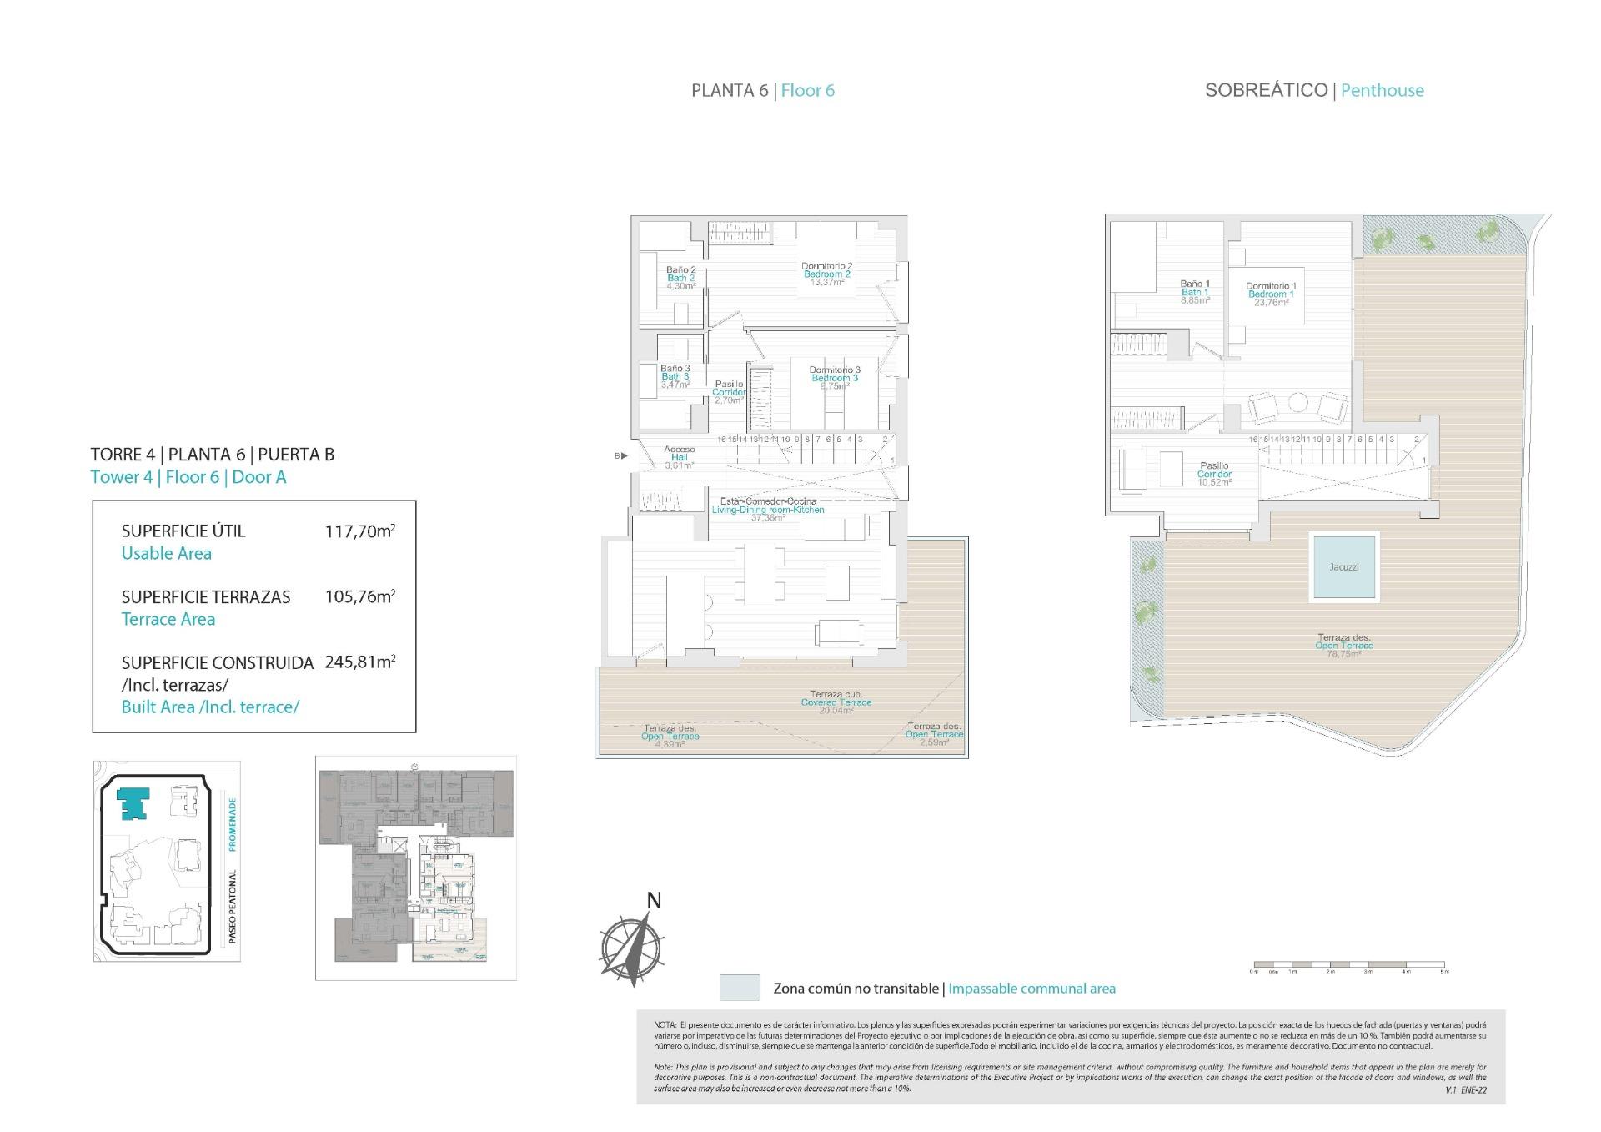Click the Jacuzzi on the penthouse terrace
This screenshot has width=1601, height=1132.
pos(1343,566)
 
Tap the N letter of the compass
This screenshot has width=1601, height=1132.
pos(655,900)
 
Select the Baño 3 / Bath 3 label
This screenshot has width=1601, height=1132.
pos(675,376)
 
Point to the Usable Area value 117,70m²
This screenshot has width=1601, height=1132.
pos(359,531)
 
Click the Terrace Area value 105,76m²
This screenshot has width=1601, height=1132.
pos(359,596)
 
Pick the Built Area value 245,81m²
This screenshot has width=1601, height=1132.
pos(359,662)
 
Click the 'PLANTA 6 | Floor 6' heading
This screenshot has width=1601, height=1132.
pos(762,91)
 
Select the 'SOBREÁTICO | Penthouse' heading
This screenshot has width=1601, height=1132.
pos(1313,91)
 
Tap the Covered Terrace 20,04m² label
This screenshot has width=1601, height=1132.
pos(836,702)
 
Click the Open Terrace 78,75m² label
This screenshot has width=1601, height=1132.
pos(1343,646)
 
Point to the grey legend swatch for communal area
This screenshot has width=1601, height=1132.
pos(740,988)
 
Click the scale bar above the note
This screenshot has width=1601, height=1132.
pos(1348,965)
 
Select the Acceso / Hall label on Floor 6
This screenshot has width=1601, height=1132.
pos(679,457)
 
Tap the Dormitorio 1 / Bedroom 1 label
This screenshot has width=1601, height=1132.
pos(1271,294)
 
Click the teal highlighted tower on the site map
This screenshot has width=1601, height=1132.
pos(131,803)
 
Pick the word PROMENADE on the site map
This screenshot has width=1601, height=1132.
pos(233,824)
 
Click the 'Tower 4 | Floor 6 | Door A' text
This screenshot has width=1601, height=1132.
pos(188,477)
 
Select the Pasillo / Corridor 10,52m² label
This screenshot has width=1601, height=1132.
pos(1214,474)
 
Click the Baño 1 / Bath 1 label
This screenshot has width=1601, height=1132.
pos(1194,292)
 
